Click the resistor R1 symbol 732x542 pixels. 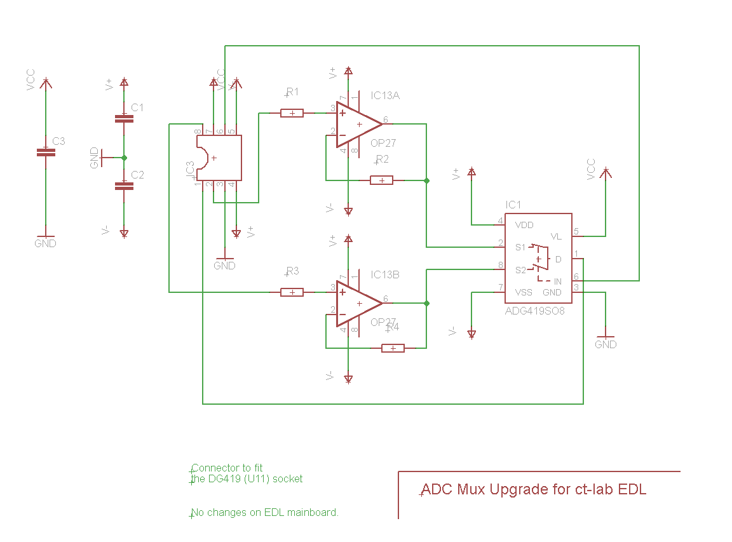pos(292,113)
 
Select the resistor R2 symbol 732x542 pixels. pos(381,180)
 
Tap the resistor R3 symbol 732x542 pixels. pos(292,292)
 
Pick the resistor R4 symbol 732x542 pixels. pos(393,348)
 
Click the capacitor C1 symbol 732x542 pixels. pos(124,118)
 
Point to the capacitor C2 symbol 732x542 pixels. pos(124,186)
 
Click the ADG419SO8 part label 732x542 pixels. pos(534,311)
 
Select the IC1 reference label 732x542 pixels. pos(513,205)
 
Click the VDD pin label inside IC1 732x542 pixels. pos(524,225)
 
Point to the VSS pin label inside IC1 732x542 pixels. pos(524,292)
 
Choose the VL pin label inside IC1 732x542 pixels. pos(556,236)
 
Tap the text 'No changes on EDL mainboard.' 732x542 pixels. pos(265,512)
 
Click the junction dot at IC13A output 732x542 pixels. pos(426,180)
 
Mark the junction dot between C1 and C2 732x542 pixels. pos(124,158)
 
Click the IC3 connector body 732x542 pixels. pos(219,158)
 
